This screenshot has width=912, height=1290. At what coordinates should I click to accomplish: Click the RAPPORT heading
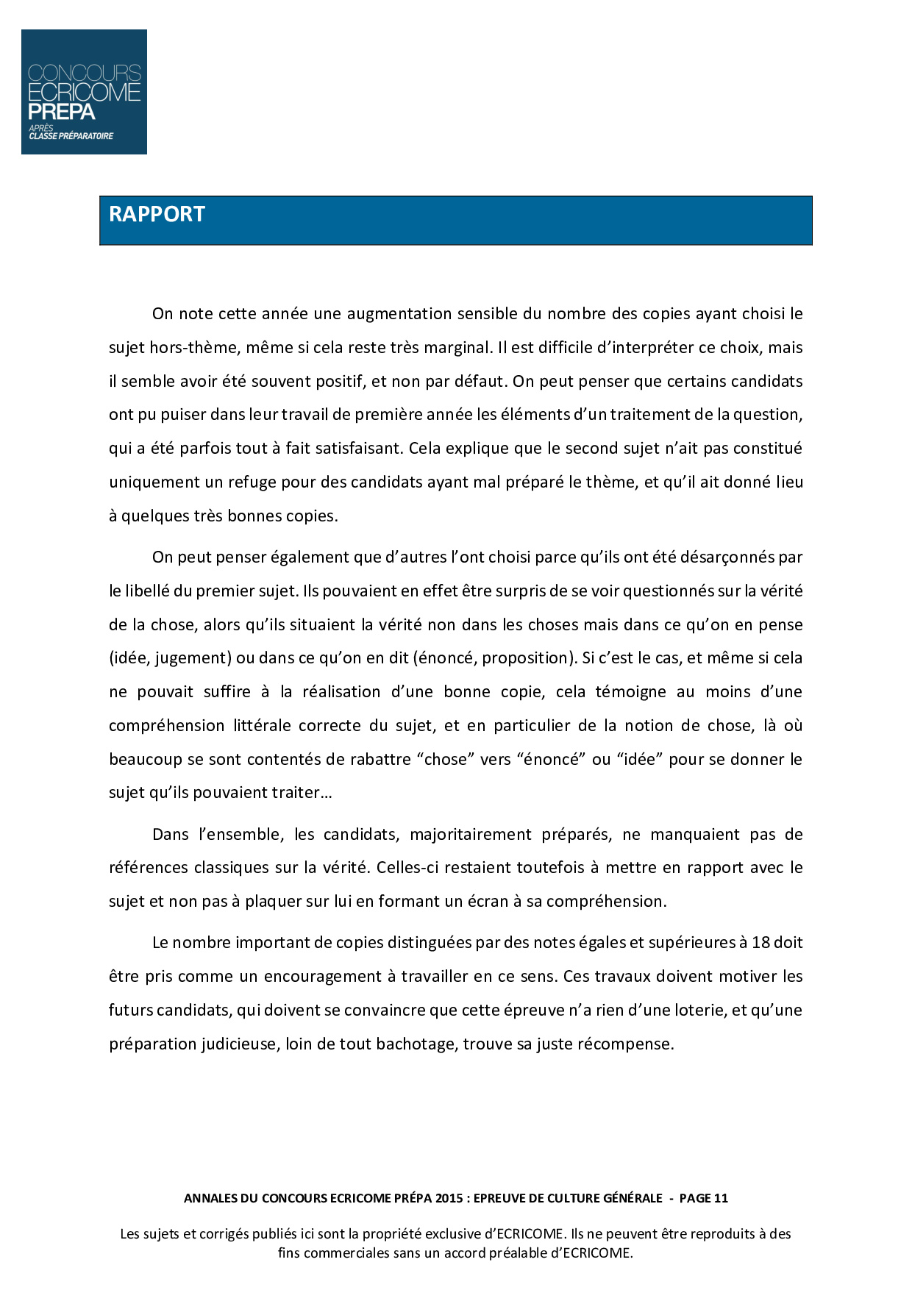click(x=157, y=214)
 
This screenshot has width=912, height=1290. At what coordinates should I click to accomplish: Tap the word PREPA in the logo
click(x=62, y=112)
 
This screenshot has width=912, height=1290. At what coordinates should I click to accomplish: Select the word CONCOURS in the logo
click(x=84, y=74)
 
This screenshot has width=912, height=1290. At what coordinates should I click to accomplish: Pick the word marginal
click(x=457, y=348)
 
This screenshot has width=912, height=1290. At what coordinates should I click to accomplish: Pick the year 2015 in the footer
click(x=449, y=1198)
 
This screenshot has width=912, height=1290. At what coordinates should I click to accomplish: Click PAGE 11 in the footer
click(x=703, y=1198)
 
